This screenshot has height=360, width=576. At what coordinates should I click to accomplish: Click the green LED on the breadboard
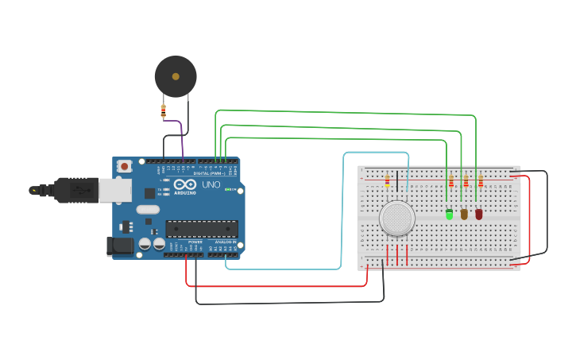450,214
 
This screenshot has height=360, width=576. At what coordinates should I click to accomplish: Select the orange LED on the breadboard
464,214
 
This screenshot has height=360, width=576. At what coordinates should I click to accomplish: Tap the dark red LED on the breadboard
478,214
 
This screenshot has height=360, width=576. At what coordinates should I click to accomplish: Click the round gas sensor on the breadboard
396,218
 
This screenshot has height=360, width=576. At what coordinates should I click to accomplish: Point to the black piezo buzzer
176,76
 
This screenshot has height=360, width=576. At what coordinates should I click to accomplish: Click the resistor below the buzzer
164,110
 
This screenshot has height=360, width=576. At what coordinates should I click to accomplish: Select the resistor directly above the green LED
450,181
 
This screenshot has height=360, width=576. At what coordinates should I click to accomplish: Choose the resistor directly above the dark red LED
480,181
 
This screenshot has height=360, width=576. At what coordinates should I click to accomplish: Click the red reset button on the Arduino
125,167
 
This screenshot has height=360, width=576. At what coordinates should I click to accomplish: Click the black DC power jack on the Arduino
120,246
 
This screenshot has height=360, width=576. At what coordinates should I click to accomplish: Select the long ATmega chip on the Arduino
202,229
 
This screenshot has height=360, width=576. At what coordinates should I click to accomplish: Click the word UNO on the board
211,184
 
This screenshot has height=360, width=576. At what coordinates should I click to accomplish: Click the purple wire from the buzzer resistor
181,143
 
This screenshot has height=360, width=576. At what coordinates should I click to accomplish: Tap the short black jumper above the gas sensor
397,181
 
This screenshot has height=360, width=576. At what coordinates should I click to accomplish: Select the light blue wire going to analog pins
342,207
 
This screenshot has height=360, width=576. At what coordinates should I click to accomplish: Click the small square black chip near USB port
149,193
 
